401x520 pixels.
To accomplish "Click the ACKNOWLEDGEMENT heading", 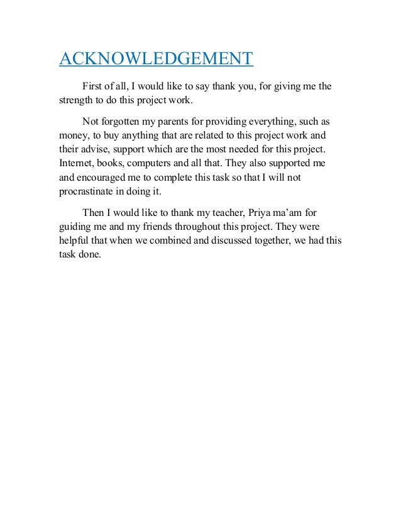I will tap(156, 59).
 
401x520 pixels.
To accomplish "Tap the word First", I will tap(94, 86).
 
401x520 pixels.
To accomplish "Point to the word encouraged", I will tap(107, 178).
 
